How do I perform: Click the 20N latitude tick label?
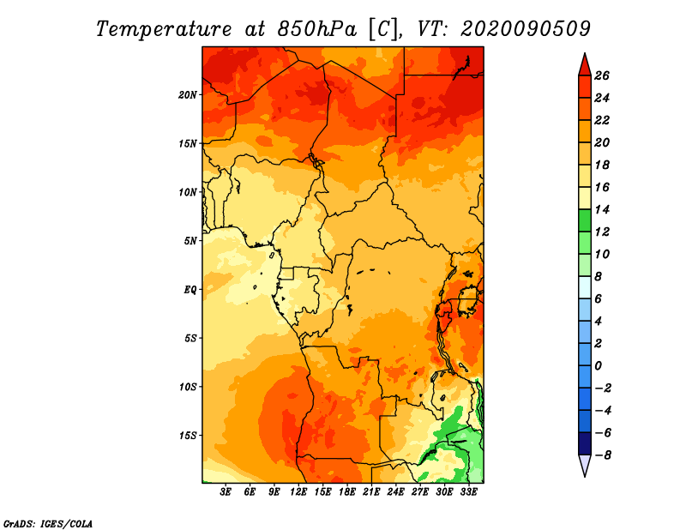[188, 95]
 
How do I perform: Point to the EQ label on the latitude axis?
[190, 290]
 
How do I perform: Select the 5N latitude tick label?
[190, 241]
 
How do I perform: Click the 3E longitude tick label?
[226, 491]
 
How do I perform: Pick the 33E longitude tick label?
[468, 491]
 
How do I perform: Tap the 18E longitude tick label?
[347, 491]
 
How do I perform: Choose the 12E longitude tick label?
[298, 491]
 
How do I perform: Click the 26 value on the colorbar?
[602, 75]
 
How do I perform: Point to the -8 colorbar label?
[603, 455]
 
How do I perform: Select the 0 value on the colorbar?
[598, 366]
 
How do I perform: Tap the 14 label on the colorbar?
[602, 209]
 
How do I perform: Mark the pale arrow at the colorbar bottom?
[585, 465]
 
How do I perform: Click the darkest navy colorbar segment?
[585, 443]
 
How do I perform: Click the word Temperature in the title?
[164, 30]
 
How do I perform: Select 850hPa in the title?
[316, 29]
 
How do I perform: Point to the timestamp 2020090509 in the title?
[526, 29]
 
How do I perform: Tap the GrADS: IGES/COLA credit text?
[48, 524]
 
